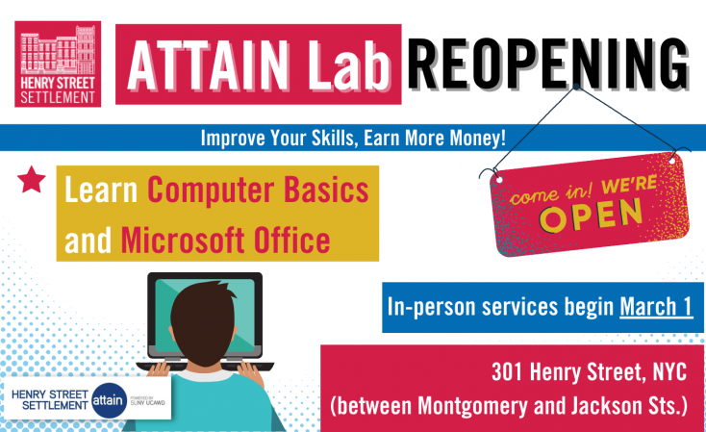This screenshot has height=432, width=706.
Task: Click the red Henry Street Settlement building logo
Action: (58, 64)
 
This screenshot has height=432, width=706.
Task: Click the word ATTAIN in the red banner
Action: (208, 65)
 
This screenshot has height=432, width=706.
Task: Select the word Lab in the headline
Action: (349, 65)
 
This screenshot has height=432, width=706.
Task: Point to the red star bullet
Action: (32, 179)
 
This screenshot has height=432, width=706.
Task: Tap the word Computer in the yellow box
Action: (212, 191)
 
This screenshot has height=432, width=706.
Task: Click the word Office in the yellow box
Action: (291, 241)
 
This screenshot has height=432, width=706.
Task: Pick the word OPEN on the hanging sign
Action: (592, 216)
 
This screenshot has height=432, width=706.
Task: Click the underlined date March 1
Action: (656, 307)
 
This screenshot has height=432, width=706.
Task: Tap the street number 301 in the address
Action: (508, 372)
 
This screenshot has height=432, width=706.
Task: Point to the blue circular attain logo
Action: (108, 400)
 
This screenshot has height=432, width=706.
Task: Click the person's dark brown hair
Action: (204, 320)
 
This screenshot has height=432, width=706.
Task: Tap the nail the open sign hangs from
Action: (576, 86)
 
